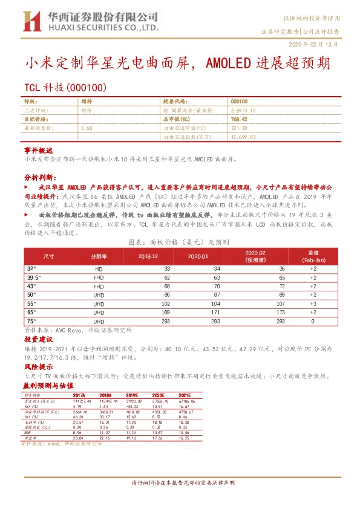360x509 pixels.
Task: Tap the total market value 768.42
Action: [240, 120]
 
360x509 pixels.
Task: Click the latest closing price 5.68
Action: [86, 128]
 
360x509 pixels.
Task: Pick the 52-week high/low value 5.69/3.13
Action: [244, 111]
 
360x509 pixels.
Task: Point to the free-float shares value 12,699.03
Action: [243, 137]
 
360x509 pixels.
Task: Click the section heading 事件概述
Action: [39, 149]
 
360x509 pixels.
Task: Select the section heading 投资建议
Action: [39, 341]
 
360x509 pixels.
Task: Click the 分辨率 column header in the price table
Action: [99, 256]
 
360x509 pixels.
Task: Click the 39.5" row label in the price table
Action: [34, 276]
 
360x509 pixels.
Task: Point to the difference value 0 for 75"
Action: [312, 322]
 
